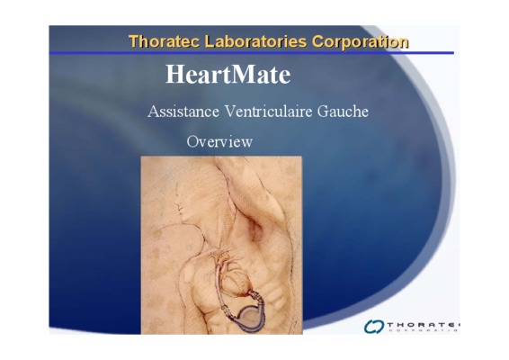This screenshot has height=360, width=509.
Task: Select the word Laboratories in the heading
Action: point(255,41)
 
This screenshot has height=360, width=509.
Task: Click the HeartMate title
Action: point(228,75)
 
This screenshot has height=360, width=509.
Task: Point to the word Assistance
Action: point(183,112)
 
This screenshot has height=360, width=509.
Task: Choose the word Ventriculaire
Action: point(269,112)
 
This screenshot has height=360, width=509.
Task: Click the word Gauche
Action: point(343,112)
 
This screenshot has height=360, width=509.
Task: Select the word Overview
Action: point(219,141)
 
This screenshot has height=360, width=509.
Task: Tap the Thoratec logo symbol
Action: point(374,326)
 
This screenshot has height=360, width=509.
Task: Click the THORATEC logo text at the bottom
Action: point(424,325)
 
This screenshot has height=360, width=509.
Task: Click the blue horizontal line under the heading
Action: point(252,52)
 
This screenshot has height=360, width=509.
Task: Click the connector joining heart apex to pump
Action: point(256,297)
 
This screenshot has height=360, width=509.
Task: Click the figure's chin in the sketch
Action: point(183,221)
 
